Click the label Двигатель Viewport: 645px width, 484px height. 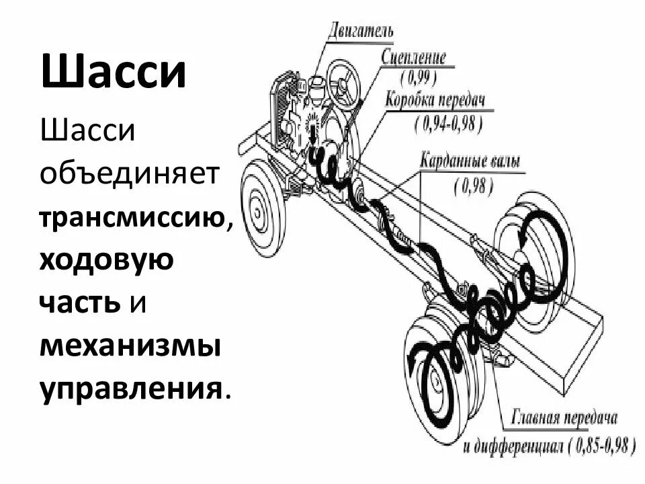(x=361, y=31)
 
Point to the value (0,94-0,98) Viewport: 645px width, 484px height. (x=448, y=122)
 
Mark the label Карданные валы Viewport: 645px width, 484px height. (x=469, y=161)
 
